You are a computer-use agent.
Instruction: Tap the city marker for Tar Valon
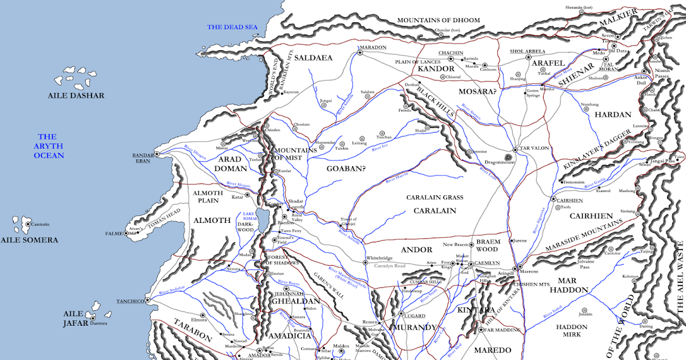tap(514, 150)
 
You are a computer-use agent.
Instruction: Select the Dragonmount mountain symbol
tap(508, 157)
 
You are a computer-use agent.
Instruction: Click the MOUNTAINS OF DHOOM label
tap(438, 20)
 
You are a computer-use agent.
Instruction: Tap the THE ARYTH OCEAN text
tap(48, 146)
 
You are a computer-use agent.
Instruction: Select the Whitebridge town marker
tap(365, 263)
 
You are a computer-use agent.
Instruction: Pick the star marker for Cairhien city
tap(553, 199)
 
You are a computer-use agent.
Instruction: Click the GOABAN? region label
tap(345, 169)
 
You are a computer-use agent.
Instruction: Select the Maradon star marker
tap(360, 53)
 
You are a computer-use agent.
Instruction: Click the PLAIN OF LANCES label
tap(417, 61)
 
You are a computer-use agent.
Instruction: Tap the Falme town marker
tap(126, 234)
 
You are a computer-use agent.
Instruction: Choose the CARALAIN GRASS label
tap(434, 197)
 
